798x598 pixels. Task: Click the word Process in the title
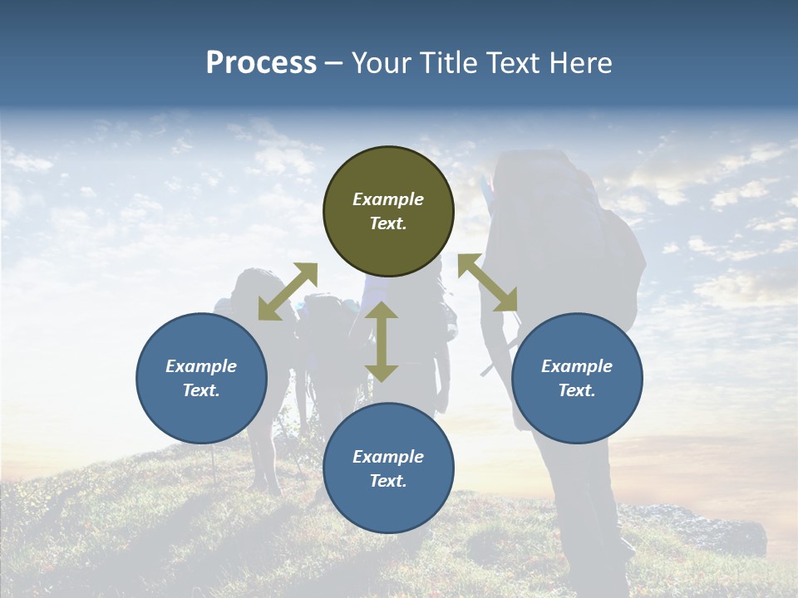[261, 63]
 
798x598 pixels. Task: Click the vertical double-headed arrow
[382, 341]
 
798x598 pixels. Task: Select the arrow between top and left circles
[288, 292]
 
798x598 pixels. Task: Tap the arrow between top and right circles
[488, 283]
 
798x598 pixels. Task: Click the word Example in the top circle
[388, 199]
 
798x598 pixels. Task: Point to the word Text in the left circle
[201, 390]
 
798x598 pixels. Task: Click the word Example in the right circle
[577, 366]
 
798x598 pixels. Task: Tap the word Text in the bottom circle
[388, 481]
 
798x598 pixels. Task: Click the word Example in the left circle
[201, 366]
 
